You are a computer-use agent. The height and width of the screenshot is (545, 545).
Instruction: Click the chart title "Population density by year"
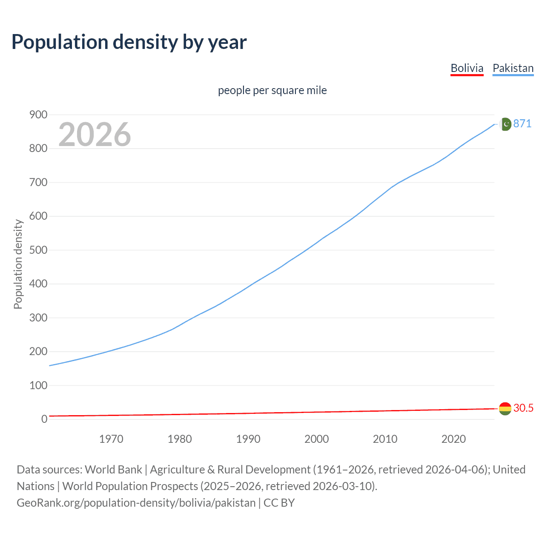click(129, 42)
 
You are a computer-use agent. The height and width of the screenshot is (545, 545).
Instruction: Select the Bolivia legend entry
click(467, 68)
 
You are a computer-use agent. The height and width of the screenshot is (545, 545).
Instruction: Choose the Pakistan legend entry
click(513, 68)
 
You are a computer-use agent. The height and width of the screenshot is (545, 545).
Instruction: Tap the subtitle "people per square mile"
click(272, 90)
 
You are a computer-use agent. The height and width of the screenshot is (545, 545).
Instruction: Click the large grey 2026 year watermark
click(95, 135)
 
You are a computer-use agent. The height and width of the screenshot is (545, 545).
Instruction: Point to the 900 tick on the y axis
click(38, 115)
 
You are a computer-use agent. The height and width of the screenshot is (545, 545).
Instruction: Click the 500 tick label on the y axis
click(38, 250)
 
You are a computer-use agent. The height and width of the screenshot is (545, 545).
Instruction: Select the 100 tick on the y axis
click(38, 385)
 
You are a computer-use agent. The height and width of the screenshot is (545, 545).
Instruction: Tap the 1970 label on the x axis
click(111, 439)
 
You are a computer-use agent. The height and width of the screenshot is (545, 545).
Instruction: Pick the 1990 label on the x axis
click(248, 439)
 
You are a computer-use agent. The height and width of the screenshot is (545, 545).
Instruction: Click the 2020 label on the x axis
click(453, 439)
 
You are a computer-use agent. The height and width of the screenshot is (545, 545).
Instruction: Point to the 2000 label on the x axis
click(317, 439)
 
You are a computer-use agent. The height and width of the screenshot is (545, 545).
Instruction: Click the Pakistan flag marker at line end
click(505, 124)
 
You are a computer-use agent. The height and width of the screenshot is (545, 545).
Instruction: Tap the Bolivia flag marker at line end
click(505, 408)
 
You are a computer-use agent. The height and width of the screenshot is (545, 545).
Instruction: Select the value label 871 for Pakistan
click(522, 123)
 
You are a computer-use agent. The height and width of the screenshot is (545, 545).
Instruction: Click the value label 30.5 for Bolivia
click(523, 408)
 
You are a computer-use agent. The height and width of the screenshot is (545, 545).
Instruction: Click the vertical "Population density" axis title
click(18, 264)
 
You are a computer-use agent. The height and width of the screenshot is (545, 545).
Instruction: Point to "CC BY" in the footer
click(279, 503)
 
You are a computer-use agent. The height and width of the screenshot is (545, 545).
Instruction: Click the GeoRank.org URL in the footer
click(136, 503)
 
